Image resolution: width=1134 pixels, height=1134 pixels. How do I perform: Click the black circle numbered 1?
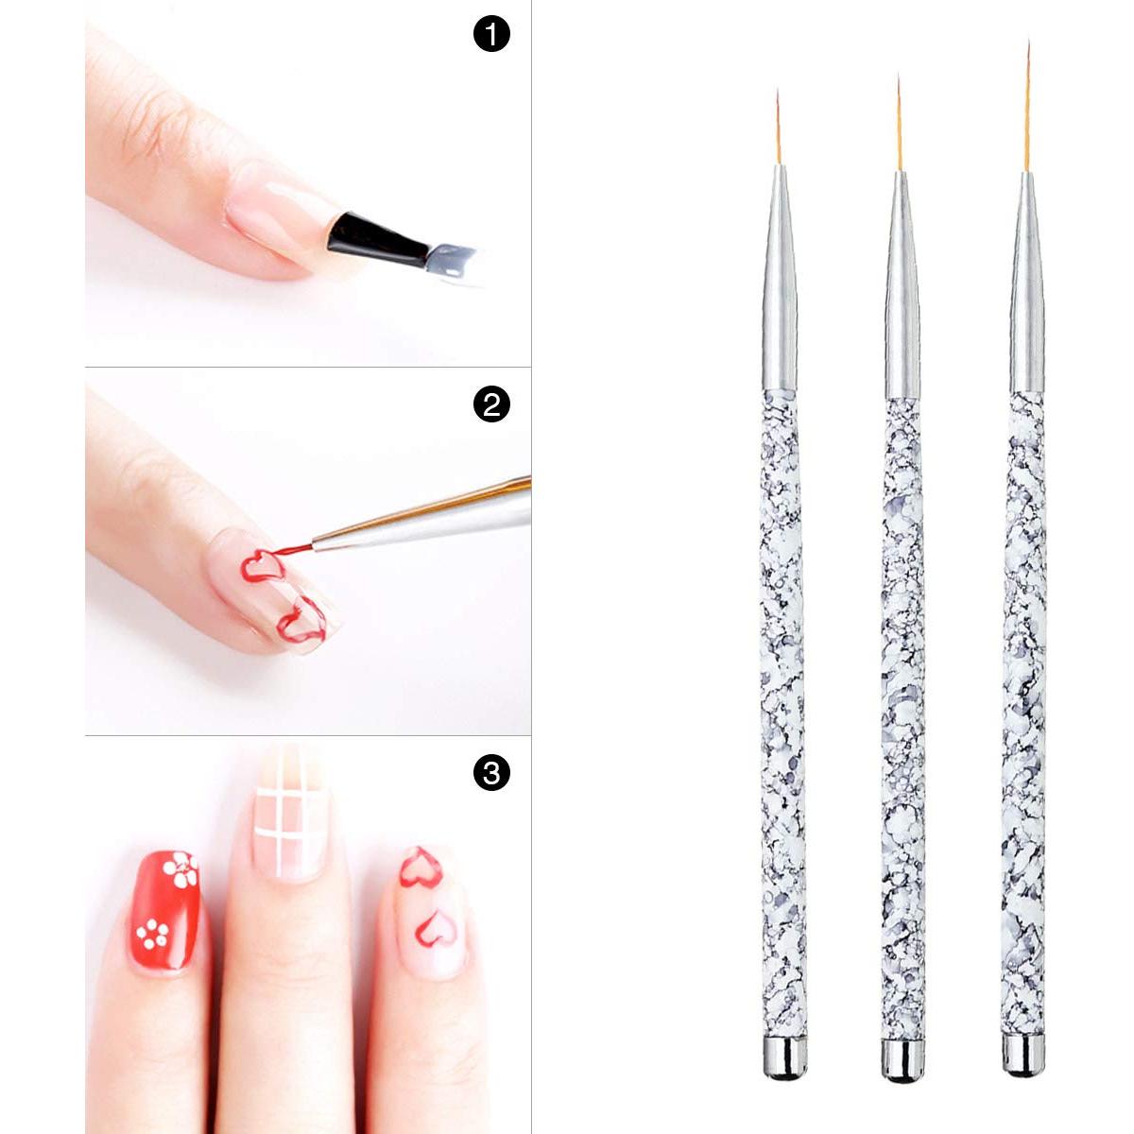490,35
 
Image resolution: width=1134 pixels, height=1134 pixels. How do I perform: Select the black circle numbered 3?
490,773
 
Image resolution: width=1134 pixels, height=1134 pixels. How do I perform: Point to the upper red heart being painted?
263,566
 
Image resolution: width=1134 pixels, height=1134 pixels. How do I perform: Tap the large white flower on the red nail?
180,869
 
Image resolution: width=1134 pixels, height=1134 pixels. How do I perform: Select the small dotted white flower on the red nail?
152,934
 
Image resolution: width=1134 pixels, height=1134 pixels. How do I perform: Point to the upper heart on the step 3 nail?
420,868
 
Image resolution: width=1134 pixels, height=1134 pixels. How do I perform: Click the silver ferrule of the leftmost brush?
781,283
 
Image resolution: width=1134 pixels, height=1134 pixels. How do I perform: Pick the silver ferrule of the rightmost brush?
1026,283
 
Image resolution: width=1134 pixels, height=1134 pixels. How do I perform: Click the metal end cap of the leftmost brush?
786,1057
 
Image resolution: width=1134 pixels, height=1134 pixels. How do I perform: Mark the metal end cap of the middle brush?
902,1060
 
